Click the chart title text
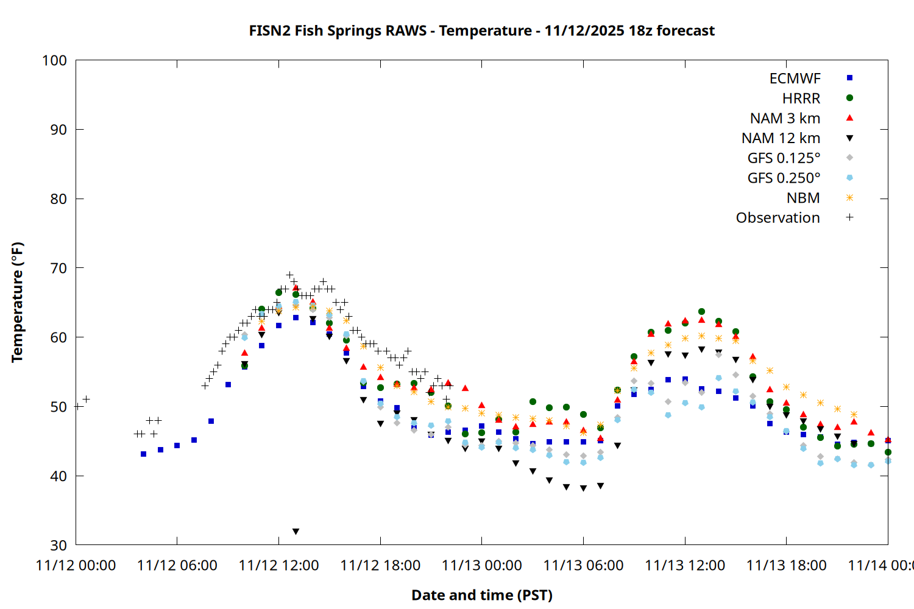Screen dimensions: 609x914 coord(481,30)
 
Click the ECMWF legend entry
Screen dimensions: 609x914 coord(795,79)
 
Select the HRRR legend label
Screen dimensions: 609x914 coord(801,99)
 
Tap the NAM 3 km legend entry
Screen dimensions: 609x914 coord(785,118)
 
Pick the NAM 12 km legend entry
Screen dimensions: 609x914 coord(781,138)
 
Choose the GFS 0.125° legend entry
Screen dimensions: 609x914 coord(784,158)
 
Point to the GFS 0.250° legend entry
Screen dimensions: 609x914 coord(784,178)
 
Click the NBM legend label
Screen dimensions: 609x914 coord(803,198)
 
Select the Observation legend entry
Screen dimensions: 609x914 coord(778,218)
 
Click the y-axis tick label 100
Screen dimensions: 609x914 coord(54,60)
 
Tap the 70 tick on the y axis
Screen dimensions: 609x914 coord(58,268)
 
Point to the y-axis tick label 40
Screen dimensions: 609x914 coord(58,476)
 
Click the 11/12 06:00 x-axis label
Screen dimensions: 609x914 coord(177,566)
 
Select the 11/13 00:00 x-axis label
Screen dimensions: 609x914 coord(482,566)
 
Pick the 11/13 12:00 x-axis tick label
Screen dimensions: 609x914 coord(685,566)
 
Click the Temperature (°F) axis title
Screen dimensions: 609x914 coord(17,302)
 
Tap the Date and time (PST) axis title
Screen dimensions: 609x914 coord(482,595)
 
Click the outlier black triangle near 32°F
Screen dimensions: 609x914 coord(296,532)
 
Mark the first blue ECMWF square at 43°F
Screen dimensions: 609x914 coord(143,454)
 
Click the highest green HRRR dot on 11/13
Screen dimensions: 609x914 coord(701,312)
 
